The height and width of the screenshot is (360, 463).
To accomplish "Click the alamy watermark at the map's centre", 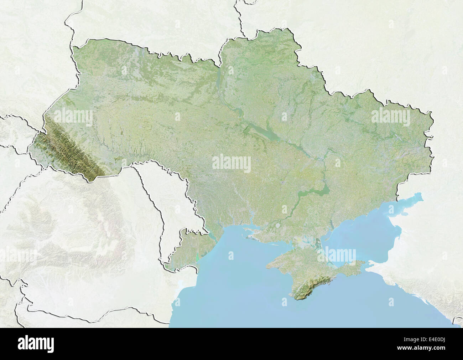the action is coord(231,163).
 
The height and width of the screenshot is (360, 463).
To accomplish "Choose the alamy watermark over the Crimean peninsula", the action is coord(337,255).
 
